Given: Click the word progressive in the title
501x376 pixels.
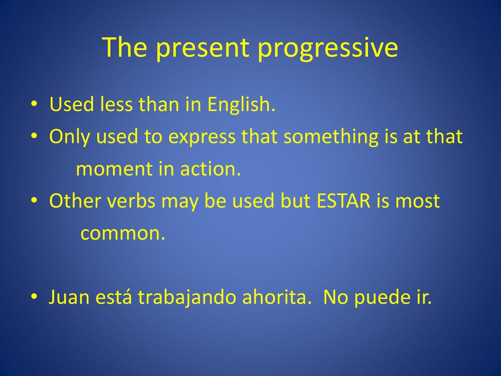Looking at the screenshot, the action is click(x=328, y=48).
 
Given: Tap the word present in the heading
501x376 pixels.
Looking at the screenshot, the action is click(x=203, y=48).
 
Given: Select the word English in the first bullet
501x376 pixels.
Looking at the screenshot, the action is click(x=241, y=105).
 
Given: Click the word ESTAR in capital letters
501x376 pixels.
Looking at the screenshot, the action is click(x=343, y=201).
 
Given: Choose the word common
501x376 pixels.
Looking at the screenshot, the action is click(x=123, y=234).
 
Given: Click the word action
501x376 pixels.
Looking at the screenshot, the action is click(x=210, y=168).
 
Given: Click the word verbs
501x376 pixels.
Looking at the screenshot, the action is click(x=131, y=201).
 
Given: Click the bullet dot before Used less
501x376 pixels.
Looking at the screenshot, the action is click(x=34, y=104).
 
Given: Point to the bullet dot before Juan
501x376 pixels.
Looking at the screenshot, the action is click(x=34, y=296).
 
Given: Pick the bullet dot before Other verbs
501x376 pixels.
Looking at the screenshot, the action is click(x=34, y=200).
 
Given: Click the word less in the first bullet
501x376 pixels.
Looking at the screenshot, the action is click(x=116, y=104).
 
